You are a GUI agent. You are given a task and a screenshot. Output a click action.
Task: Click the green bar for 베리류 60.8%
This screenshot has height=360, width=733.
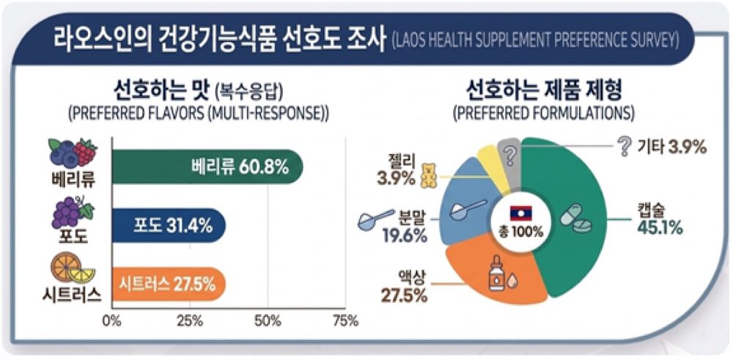click(205, 166)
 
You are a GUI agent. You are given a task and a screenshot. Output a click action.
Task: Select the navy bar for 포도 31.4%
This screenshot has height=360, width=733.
click(169, 225)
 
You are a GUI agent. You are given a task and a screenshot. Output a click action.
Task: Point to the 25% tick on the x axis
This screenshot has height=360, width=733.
click(190, 320)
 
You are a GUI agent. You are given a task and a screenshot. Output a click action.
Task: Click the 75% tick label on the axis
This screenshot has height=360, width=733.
click(345, 320)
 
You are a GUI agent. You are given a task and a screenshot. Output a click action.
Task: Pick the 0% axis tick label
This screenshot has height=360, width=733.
click(111, 320)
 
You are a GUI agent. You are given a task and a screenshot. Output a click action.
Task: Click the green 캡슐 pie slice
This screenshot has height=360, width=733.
click(586, 220)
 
